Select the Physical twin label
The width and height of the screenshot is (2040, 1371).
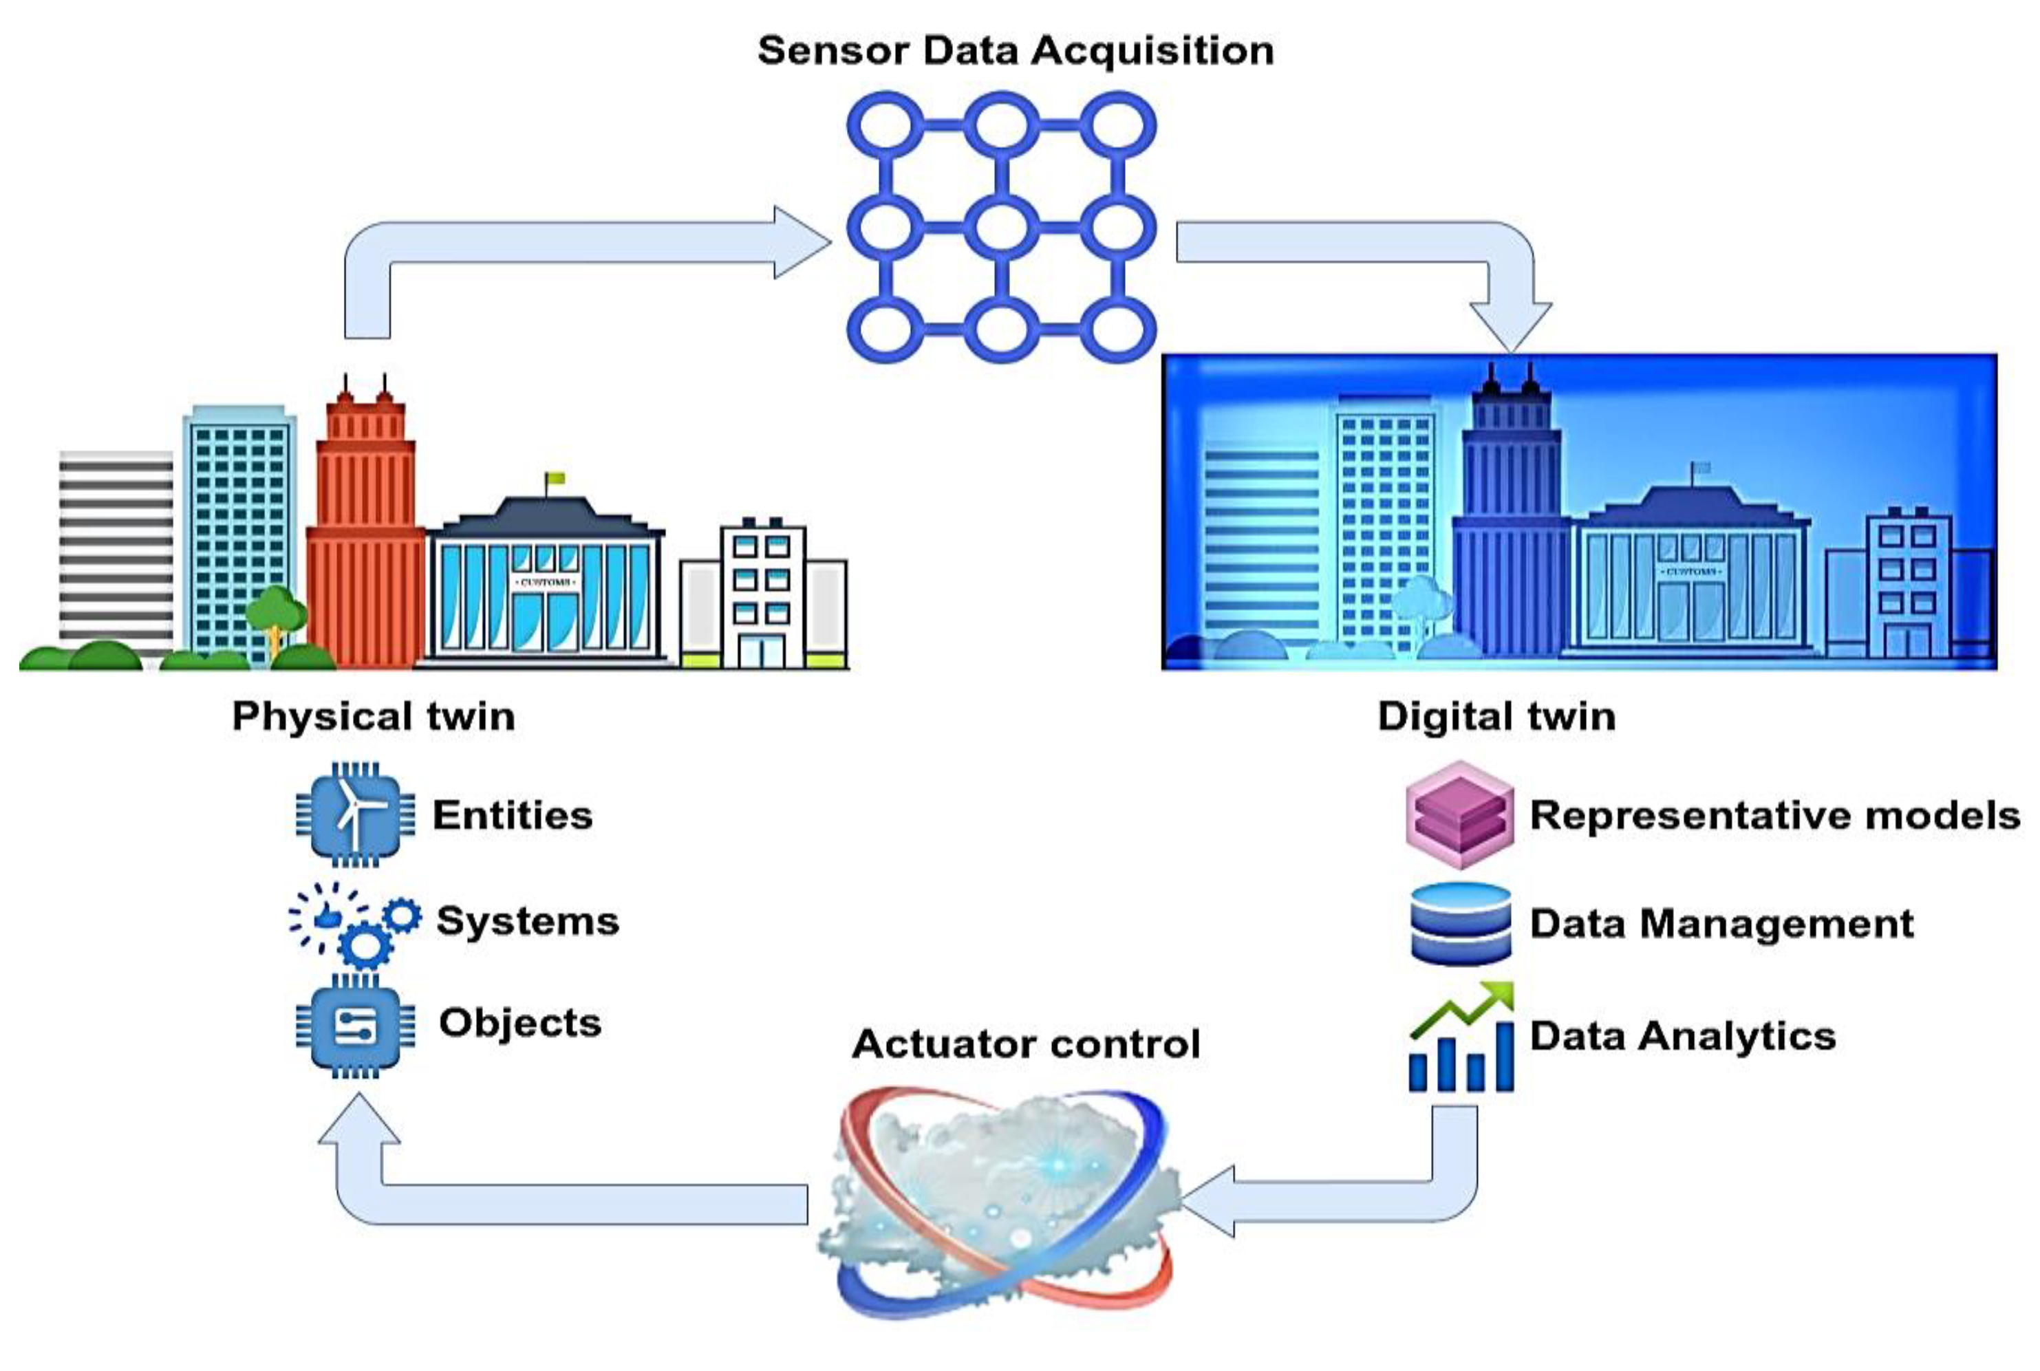coord(374,716)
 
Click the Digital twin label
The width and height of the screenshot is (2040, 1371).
coord(1496,716)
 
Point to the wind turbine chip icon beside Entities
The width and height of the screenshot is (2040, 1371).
coord(356,815)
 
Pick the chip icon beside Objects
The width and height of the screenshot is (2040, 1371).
coord(356,1026)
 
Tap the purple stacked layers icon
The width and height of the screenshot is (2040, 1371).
coord(1459,815)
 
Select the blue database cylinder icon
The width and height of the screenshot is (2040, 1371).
coord(1460,924)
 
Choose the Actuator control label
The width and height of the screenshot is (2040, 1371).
coord(1026,1044)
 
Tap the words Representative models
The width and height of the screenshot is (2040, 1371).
coord(1774,815)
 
